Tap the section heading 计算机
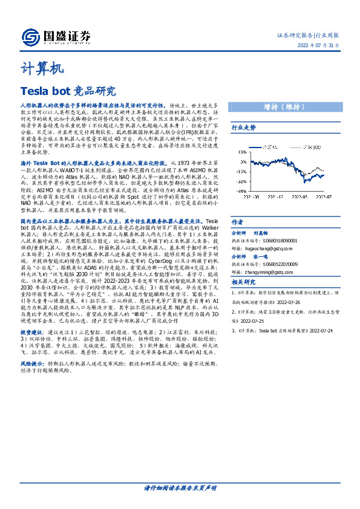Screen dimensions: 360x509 [x=41, y=69]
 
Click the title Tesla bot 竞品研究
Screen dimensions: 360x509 [x=67, y=92]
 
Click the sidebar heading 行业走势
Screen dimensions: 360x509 [x=244, y=128]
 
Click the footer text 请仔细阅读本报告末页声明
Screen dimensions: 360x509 [x=180, y=487]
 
